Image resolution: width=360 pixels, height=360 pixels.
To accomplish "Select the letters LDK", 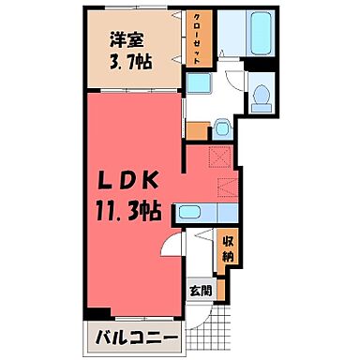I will [x=131, y=181].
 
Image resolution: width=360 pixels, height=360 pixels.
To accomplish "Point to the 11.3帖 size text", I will [x=130, y=211].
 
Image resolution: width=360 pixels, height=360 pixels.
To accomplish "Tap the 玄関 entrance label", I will [x=201, y=291].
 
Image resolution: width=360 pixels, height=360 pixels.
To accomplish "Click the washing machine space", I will [x=199, y=86].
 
